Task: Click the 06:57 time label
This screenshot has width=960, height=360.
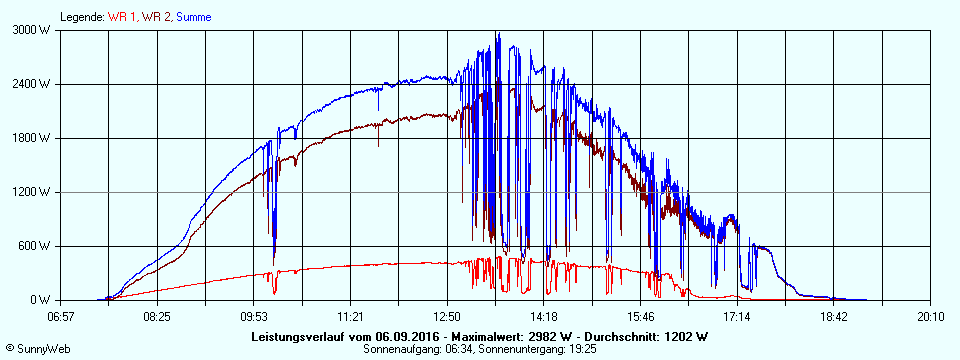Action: pos(61,316)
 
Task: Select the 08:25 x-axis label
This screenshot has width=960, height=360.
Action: pos(157,316)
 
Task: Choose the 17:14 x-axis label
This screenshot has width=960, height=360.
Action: pos(737,316)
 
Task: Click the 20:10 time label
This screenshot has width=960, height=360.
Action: pos(930,316)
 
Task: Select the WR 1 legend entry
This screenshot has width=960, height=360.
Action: pos(123,17)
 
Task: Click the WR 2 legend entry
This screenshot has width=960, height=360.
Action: pos(155,17)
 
